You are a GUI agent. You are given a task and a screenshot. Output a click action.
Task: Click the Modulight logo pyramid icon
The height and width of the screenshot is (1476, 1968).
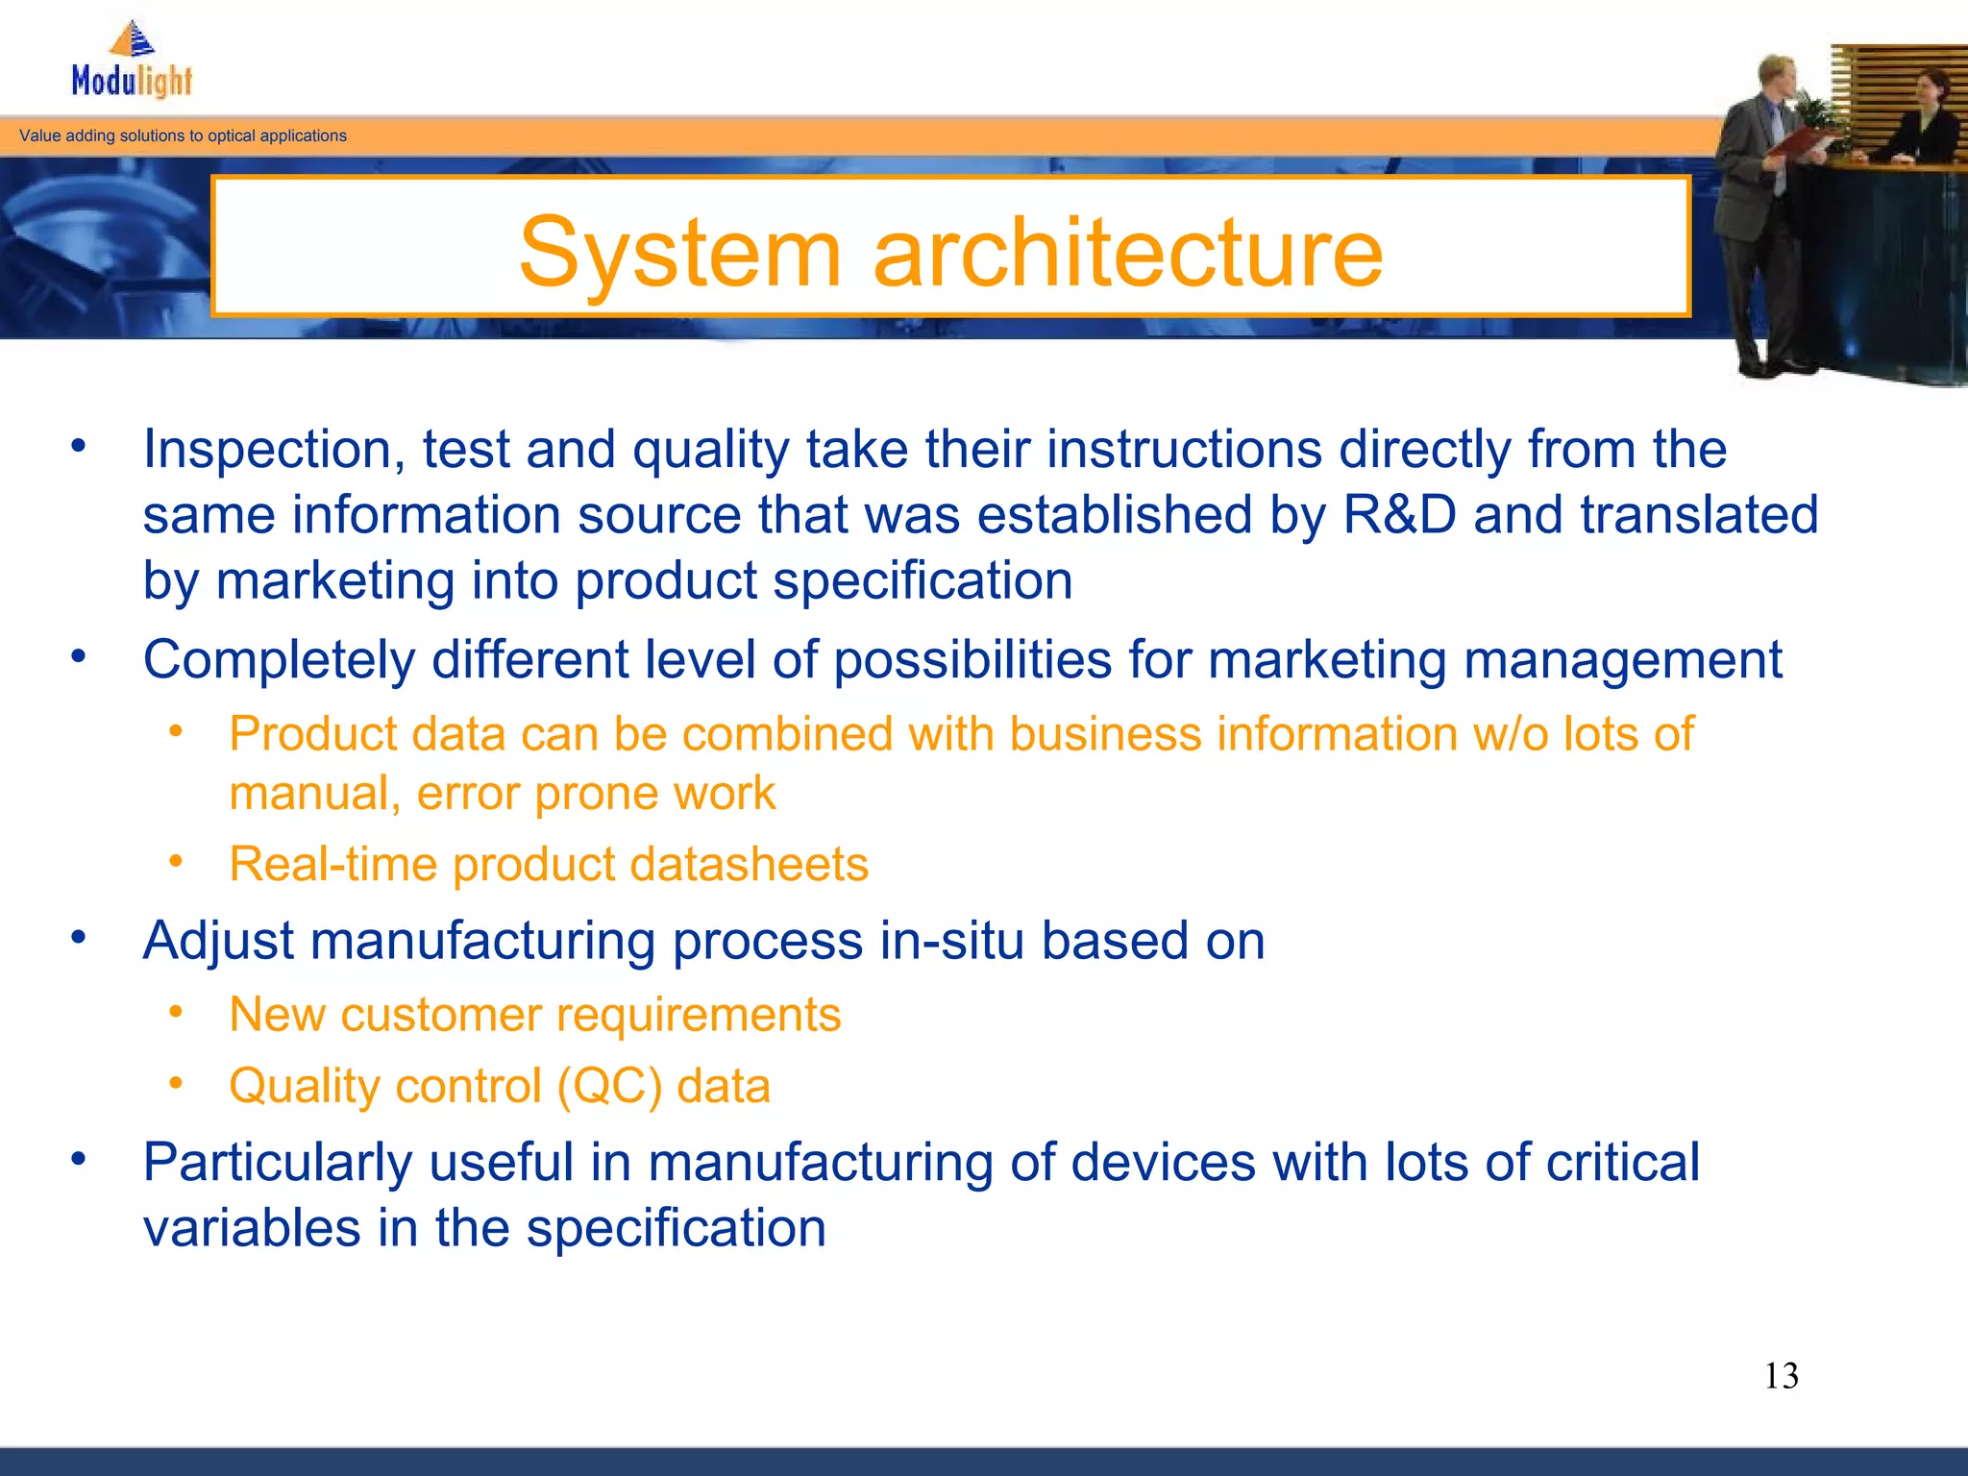[x=133, y=39]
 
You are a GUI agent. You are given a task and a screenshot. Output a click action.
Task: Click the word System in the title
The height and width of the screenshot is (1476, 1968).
[x=679, y=252]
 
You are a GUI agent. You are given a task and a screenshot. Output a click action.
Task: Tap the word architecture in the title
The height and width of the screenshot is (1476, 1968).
[x=1127, y=252]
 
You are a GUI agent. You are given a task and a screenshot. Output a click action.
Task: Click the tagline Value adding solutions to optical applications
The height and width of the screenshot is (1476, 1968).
[x=183, y=135]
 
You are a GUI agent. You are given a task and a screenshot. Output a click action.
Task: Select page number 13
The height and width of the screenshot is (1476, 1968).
[x=1781, y=1376]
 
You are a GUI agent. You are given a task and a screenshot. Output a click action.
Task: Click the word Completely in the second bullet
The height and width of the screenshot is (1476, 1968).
[x=279, y=661]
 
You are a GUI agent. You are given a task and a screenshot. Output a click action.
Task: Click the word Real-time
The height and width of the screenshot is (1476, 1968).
[x=332, y=864]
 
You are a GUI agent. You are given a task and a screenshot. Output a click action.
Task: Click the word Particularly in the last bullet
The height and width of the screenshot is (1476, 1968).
[x=278, y=1163]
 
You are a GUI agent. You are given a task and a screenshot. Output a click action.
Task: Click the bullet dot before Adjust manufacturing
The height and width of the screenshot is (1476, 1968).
[x=79, y=937]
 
